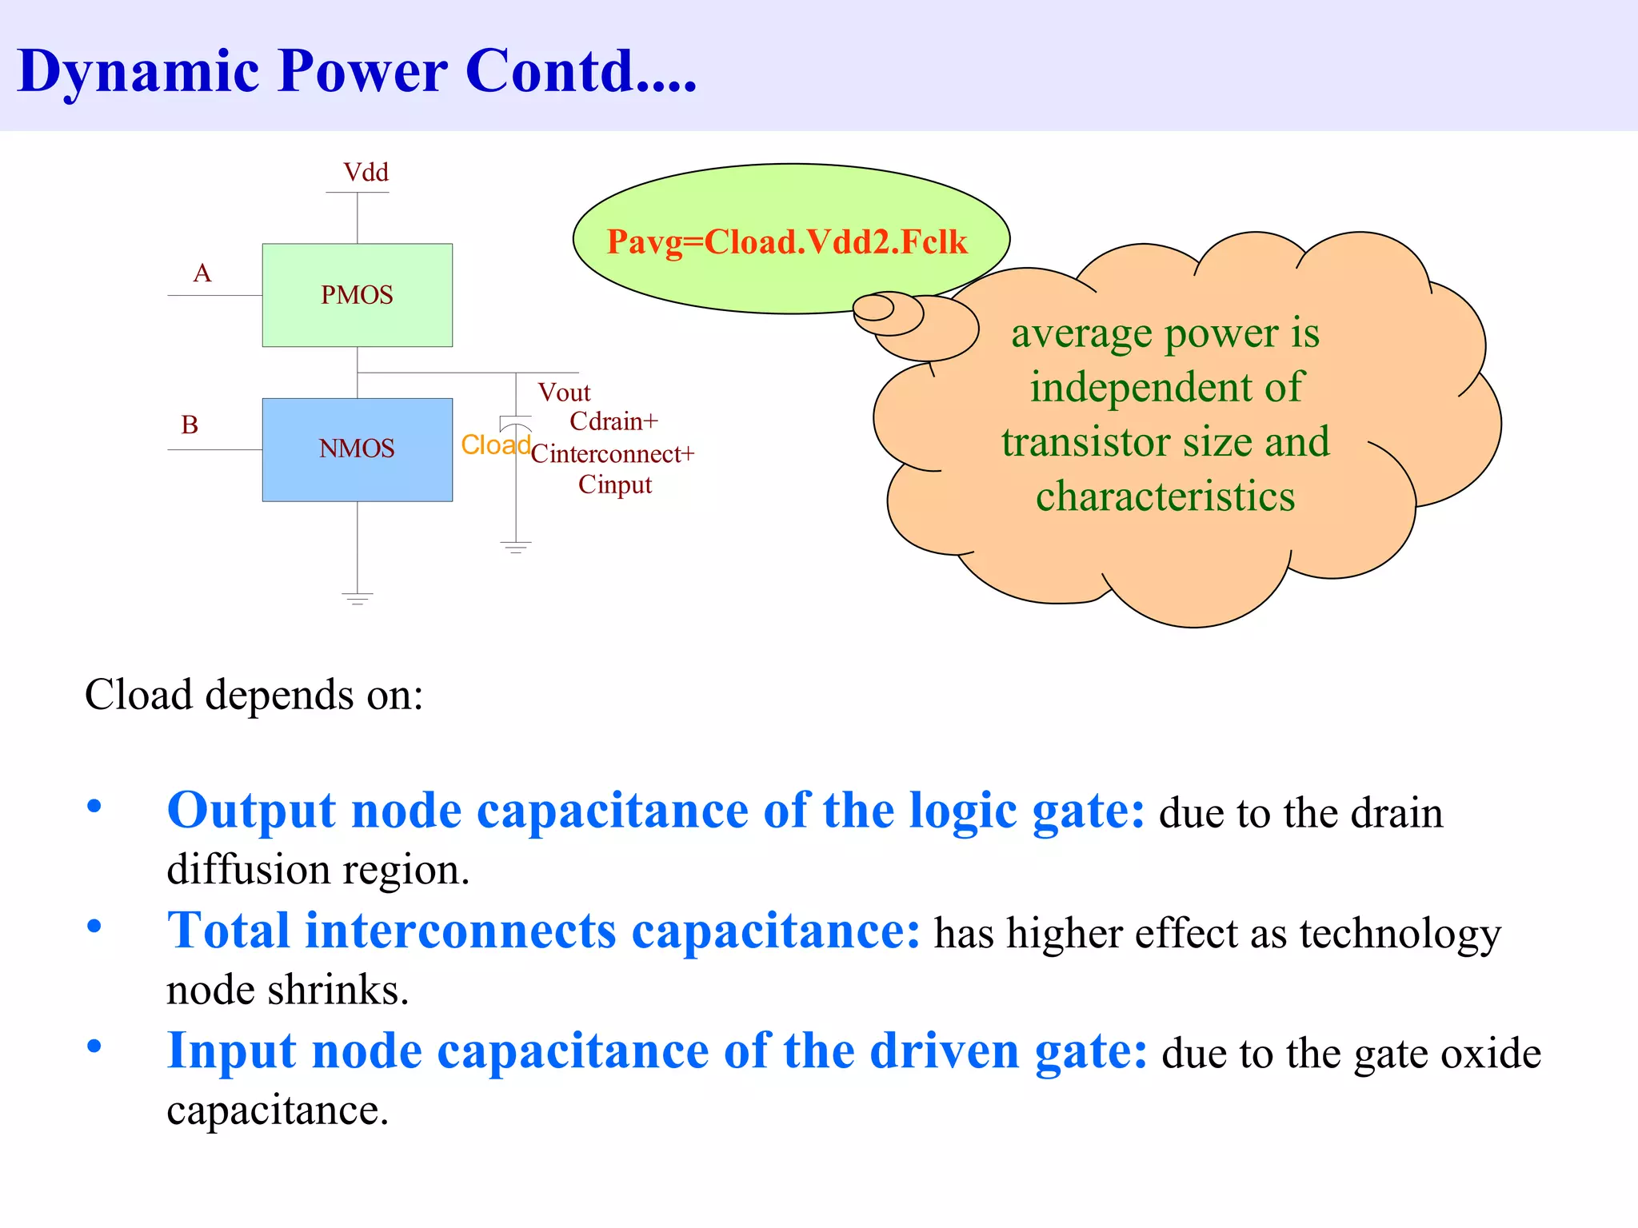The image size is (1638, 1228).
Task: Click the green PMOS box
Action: click(357, 295)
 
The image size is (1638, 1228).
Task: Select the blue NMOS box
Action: click(357, 449)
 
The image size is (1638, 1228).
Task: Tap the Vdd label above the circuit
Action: click(366, 173)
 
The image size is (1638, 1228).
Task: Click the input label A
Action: click(202, 273)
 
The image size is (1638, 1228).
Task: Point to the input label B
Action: click(190, 425)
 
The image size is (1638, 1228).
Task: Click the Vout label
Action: click(564, 393)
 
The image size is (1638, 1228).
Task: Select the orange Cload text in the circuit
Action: click(495, 445)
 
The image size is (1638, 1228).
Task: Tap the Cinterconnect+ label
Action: click(612, 454)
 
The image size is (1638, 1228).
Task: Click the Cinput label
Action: click(615, 485)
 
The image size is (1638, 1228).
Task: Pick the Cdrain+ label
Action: click(613, 421)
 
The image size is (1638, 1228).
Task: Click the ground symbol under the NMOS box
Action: click(357, 598)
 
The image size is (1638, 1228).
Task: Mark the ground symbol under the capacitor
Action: click(516, 548)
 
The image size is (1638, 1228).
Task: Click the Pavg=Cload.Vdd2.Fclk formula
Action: click(787, 242)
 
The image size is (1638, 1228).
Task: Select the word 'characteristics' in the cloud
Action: click(1165, 496)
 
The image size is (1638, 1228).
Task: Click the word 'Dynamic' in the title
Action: click(138, 72)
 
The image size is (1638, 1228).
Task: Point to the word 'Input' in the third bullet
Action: click(232, 1051)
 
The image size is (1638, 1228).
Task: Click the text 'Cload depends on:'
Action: click(254, 695)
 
